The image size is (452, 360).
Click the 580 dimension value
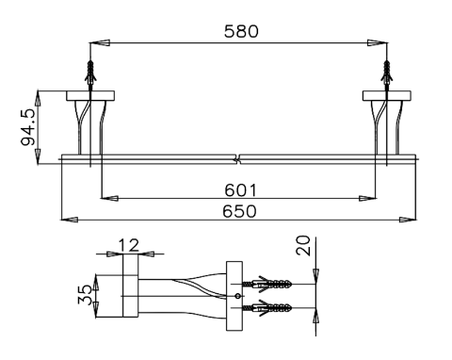[241, 31]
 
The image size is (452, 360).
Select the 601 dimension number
[240, 190]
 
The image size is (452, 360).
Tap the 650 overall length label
[239, 211]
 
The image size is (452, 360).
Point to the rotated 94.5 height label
[27, 127]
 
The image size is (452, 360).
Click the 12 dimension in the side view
[129, 245]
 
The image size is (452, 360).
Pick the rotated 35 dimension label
[85, 295]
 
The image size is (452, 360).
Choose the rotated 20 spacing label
[303, 245]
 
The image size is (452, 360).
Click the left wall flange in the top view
[90, 96]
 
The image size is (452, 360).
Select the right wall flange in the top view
[387, 96]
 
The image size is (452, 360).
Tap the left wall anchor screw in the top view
[90, 73]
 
